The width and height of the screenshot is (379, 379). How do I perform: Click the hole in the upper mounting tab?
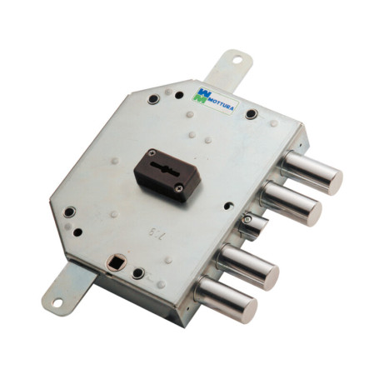point(236,60)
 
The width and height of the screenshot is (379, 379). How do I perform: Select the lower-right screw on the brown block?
point(179,189)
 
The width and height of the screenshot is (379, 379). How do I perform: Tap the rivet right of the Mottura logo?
point(251,112)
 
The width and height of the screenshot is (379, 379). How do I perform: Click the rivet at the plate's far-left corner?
point(69,212)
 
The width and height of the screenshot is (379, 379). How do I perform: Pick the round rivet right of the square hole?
point(138,273)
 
